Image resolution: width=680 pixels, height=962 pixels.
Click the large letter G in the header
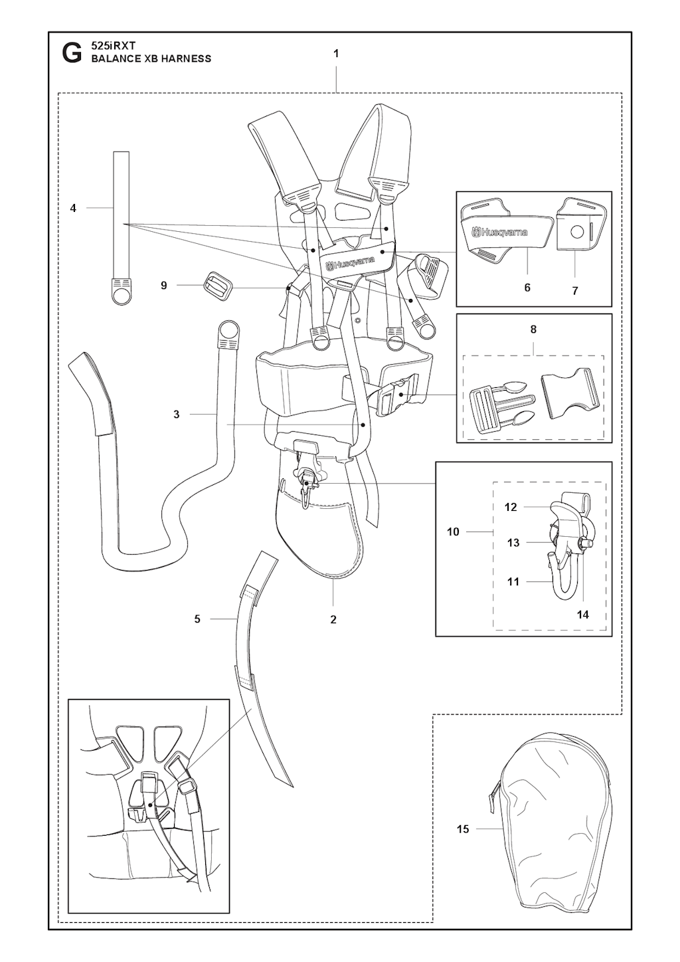click(72, 54)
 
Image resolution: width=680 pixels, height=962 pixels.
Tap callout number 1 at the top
click(336, 54)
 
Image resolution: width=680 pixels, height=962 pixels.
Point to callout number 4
click(73, 209)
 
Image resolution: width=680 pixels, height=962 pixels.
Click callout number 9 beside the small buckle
click(163, 285)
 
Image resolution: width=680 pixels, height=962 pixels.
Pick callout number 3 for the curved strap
click(177, 415)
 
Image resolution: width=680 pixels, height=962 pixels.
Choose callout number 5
click(197, 619)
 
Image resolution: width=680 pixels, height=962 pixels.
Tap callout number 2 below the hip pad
click(333, 619)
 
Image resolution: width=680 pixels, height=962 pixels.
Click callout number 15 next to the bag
click(463, 829)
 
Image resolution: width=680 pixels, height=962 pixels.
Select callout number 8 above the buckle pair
click(533, 330)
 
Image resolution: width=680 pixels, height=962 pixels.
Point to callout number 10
click(453, 531)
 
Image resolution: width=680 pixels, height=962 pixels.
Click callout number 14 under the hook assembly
click(582, 615)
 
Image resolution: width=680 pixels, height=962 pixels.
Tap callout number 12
click(511, 507)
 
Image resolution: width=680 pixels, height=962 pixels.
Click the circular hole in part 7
click(577, 233)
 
